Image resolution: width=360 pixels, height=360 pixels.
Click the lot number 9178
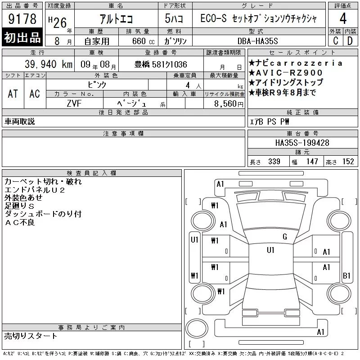point(22,19)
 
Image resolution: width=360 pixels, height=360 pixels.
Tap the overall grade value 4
point(343,18)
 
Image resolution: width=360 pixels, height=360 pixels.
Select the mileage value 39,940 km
point(49,64)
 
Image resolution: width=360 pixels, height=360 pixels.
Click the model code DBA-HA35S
point(257,41)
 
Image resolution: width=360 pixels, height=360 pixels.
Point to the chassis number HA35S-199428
point(302,143)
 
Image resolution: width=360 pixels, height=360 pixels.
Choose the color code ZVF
point(74,103)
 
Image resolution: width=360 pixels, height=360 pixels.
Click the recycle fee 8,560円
point(229,104)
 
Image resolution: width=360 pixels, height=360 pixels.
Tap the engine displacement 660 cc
point(143,41)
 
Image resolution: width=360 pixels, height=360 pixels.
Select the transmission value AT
point(13,94)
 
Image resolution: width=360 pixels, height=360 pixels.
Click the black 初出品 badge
point(22,37)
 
